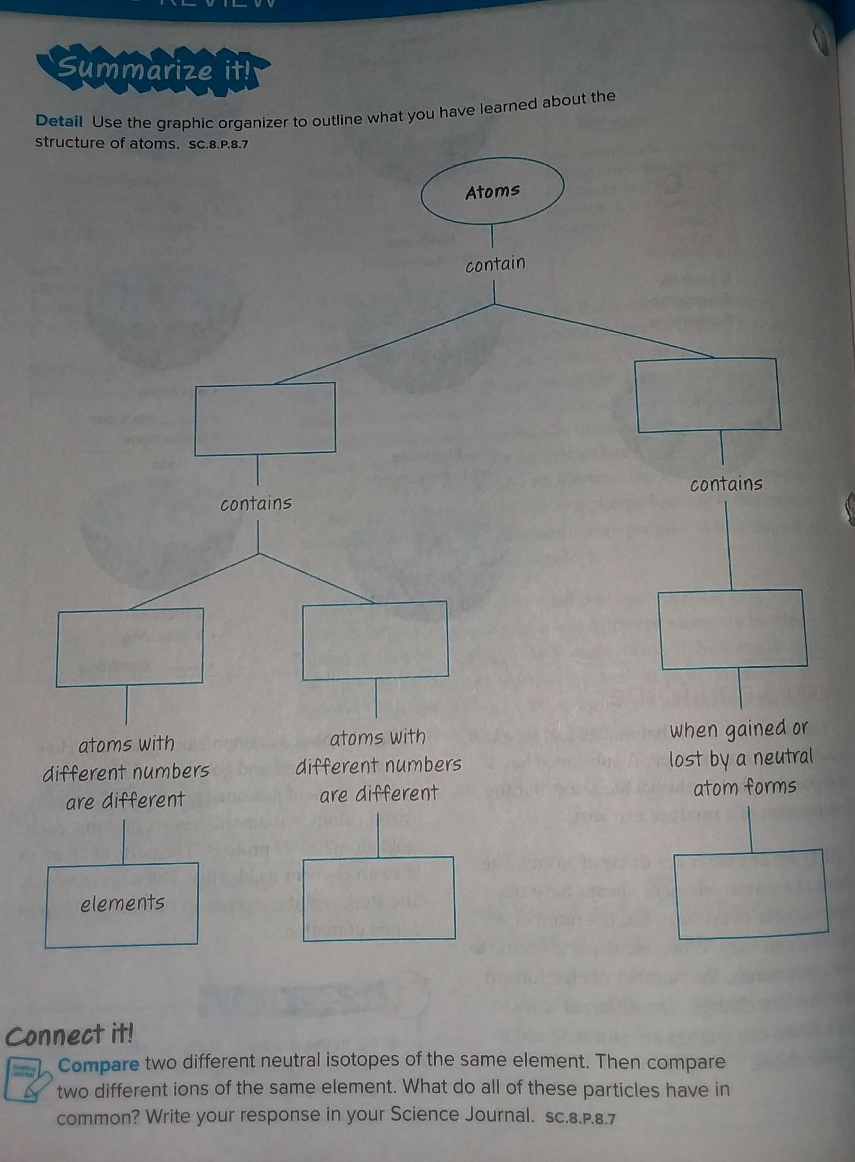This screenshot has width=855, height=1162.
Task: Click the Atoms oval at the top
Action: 492,191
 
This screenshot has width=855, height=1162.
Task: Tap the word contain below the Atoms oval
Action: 495,264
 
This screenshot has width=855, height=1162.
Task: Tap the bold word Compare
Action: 99,1064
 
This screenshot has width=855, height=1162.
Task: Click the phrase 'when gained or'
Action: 740,730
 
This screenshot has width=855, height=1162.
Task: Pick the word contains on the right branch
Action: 726,484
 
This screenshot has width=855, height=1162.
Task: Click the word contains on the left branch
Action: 256,504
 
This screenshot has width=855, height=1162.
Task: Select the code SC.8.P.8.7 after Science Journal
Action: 580,1118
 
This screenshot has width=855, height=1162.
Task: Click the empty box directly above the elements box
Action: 130,647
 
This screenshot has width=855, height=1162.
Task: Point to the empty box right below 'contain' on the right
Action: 708,395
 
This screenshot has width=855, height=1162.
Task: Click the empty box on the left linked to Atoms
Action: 265,419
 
